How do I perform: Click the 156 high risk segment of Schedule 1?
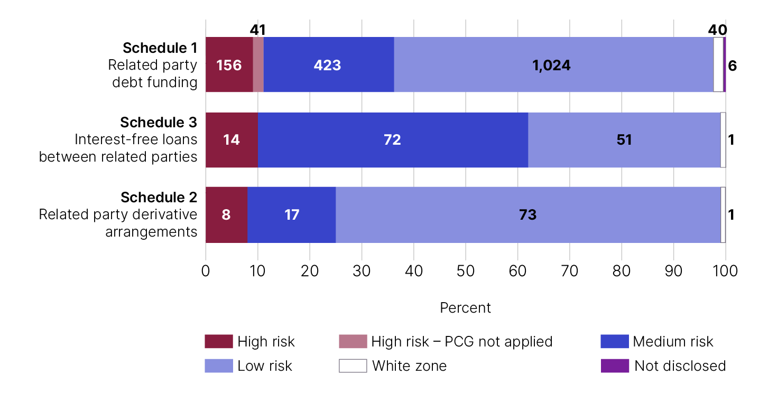[229, 64]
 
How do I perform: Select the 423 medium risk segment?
[329, 64]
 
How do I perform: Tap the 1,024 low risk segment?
[554, 64]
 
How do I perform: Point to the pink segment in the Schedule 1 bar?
[258, 64]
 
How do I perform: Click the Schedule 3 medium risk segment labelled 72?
[393, 140]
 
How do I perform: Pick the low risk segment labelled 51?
[624, 140]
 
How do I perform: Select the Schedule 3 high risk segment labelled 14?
[232, 140]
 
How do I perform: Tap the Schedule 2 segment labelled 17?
[291, 214]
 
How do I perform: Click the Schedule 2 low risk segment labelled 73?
[528, 214]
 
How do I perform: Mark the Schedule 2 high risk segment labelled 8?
[226, 214]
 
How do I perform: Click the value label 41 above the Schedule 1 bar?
[257, 30]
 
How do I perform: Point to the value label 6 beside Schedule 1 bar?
[732, 65]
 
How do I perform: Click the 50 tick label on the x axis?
[466, 271]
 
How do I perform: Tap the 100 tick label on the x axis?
[725, 271]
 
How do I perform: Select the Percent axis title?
[465, 308]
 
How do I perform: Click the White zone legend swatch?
[353, 365]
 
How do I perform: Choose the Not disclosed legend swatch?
[615, 365]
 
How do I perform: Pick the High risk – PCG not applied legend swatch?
[353, 341]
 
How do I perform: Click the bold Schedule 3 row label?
[159, 122]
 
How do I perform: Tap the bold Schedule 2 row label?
[159, 197]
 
